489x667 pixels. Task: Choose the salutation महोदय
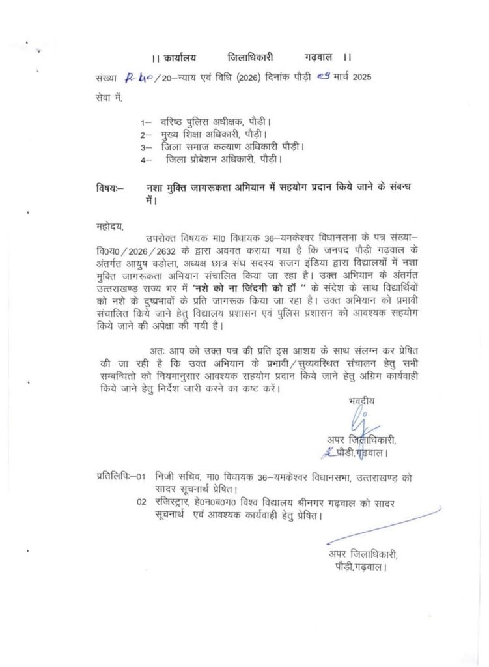pos(109,227)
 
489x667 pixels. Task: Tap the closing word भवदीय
pos(361,401)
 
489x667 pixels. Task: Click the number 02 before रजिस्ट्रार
pos(141,502)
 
